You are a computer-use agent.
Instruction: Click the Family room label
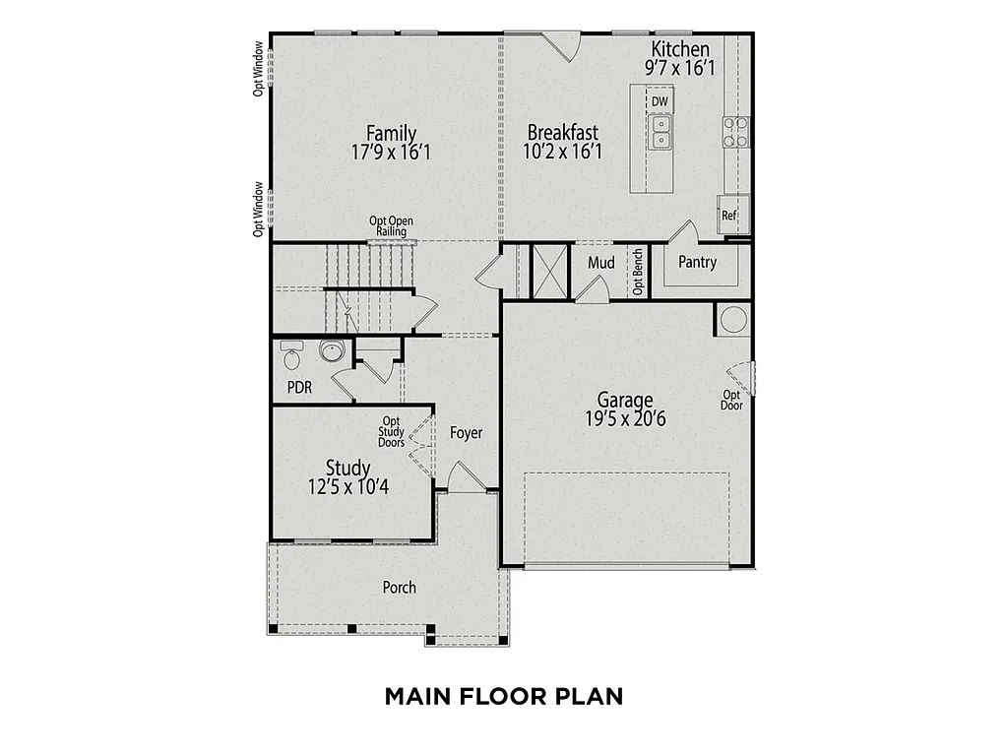391,133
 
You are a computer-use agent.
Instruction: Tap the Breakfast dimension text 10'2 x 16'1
562,153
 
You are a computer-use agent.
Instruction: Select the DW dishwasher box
660,101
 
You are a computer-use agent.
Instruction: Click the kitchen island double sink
660,132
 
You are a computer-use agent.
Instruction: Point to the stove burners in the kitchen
735,132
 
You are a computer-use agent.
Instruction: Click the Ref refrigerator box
729,215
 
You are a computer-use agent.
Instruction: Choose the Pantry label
697,263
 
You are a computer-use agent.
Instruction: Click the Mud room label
600,263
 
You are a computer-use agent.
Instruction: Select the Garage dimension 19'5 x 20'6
625,419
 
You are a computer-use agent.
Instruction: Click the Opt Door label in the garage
731,400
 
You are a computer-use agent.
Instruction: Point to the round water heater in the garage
733,321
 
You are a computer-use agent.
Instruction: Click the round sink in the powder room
332,350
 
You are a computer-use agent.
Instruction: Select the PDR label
299,388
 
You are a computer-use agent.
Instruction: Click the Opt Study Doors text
391,431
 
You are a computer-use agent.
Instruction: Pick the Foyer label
466,432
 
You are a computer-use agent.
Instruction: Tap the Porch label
399,588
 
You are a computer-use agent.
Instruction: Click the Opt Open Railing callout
391,225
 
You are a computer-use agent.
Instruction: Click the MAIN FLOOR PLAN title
503,696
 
